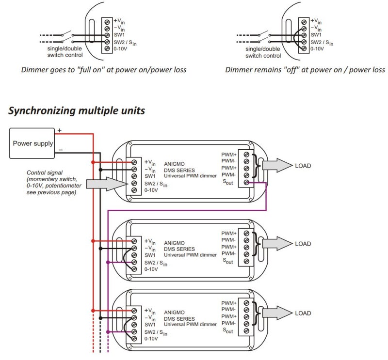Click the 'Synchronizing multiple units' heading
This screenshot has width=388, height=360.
tap(77, 110)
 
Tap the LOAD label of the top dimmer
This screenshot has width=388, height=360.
tap(303, 166)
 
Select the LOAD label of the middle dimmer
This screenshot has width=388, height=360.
tap(303, 244)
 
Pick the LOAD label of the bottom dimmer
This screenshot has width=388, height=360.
tap(303, 313)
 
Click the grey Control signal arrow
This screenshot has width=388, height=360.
tap(104, 183)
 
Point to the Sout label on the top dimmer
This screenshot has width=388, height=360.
tap(228, 183)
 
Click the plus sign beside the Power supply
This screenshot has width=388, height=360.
tap(60, 130)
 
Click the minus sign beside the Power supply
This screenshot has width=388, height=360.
tap(60, 151)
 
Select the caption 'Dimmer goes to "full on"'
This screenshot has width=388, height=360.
tap(104, 70)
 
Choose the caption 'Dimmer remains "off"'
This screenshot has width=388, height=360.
tap(305, 70)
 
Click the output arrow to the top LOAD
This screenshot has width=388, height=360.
tap(277, 166)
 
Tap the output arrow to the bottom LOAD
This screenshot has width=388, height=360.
tap(277, 313)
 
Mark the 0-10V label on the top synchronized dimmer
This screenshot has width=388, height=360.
tap(151, 190)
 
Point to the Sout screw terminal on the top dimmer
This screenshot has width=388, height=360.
tap(246, 183)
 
